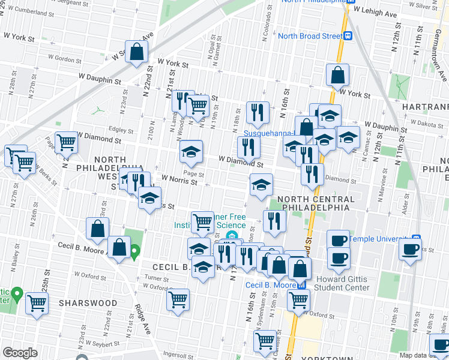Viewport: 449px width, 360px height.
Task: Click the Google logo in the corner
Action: [19, 353]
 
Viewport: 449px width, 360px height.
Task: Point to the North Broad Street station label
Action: [309, 35]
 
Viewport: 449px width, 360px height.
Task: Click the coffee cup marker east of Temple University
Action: [411, 249]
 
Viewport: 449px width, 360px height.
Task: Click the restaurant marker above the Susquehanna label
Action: [258, 112]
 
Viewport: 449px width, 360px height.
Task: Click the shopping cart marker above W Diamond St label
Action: [66, 142]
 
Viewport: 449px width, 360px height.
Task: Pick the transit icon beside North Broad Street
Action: [348, 35]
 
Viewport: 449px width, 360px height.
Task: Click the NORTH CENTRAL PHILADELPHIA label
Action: [312, 203]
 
